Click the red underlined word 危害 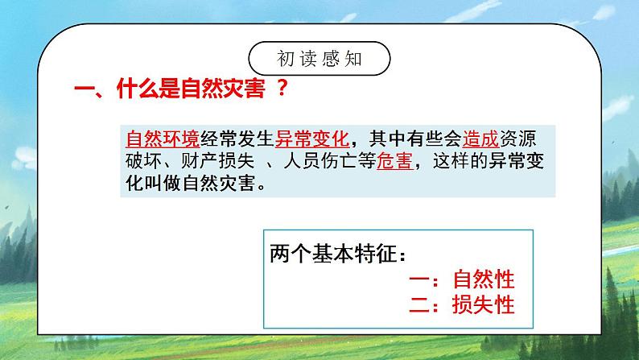pyautogui.click(x=394, y=159)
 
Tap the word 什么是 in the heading pyautogui.click(x=152, y=90)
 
